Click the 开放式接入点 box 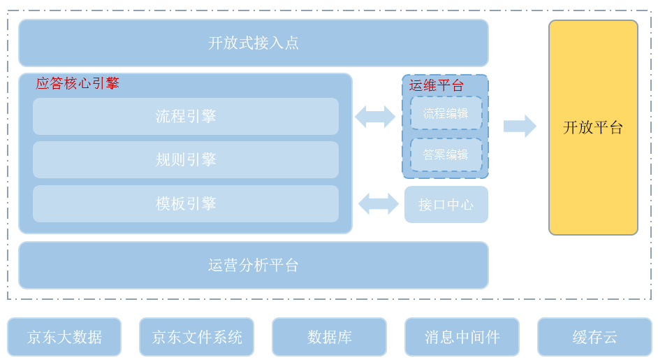pos(253,43)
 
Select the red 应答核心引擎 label pos(78,83)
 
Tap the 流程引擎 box pos(185,116)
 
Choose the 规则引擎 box pos(185,159)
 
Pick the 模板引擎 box pos(185,203)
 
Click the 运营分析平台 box pos(253,265)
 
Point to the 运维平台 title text pos(437,85)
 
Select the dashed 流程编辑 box pos(446,113)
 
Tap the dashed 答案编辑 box pos(446,154)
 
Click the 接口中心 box pos(446,205)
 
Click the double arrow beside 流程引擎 pos(375,117)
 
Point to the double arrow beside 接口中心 pos(379,204)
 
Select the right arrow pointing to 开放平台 pos(520,126)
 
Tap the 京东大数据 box pos(64,337)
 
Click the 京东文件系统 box pos(196,337)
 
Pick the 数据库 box pos(329,337)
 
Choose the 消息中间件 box pos(462,337)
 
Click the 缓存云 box pos(594,337)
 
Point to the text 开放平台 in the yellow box pos(593,127)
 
